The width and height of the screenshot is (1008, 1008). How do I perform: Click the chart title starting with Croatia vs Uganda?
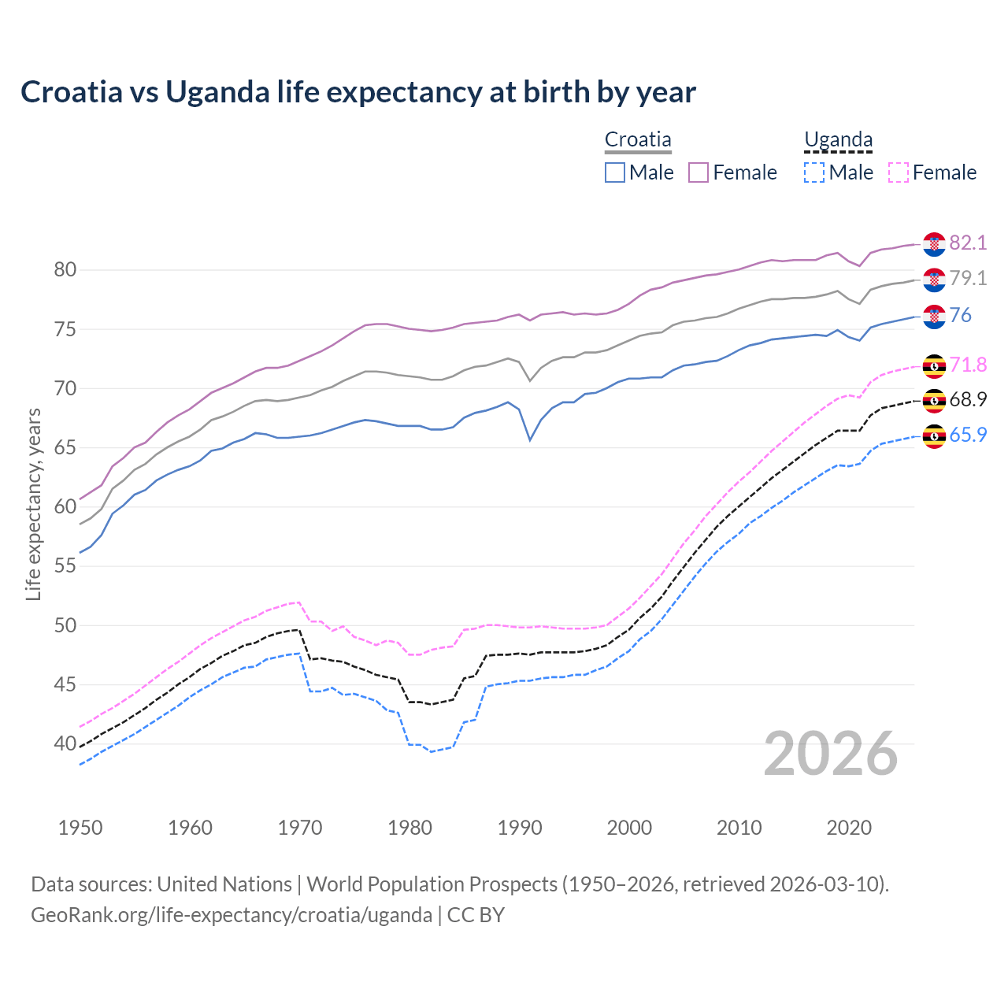click(358, 92)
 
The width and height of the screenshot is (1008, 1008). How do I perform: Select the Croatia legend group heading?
click(638, 140)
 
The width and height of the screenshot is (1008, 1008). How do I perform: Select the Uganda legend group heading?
click(838, 140)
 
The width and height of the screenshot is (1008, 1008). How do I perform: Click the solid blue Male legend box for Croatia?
click(615, 172)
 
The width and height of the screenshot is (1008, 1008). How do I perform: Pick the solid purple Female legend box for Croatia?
click(699, 172)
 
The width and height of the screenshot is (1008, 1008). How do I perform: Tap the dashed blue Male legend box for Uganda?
click(814, 172)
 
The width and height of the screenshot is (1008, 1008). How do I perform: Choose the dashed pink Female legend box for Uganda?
click(899, 172)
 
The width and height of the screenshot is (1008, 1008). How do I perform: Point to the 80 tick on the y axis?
click(65, 270)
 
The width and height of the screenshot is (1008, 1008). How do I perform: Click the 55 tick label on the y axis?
click(65, 566)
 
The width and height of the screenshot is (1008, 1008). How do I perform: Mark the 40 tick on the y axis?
click(65, 743)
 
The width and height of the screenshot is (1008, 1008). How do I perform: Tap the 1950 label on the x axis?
click(80, 828)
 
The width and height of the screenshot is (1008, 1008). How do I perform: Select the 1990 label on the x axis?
click(520, 828)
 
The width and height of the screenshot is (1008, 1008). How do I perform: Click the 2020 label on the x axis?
click(849, 828)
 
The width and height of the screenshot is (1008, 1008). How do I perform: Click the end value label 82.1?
click(968, 243)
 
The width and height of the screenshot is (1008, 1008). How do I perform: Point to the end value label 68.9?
click(968, 399)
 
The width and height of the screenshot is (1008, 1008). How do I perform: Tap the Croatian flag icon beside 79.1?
click(934, 280)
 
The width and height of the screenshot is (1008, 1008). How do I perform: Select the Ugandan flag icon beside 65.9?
click(934, 435)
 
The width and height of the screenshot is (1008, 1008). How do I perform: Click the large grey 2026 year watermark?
click(831, 754)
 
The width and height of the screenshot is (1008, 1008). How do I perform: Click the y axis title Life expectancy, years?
click(33, 504)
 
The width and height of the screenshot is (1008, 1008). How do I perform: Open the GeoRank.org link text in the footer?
click(232, 915)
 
